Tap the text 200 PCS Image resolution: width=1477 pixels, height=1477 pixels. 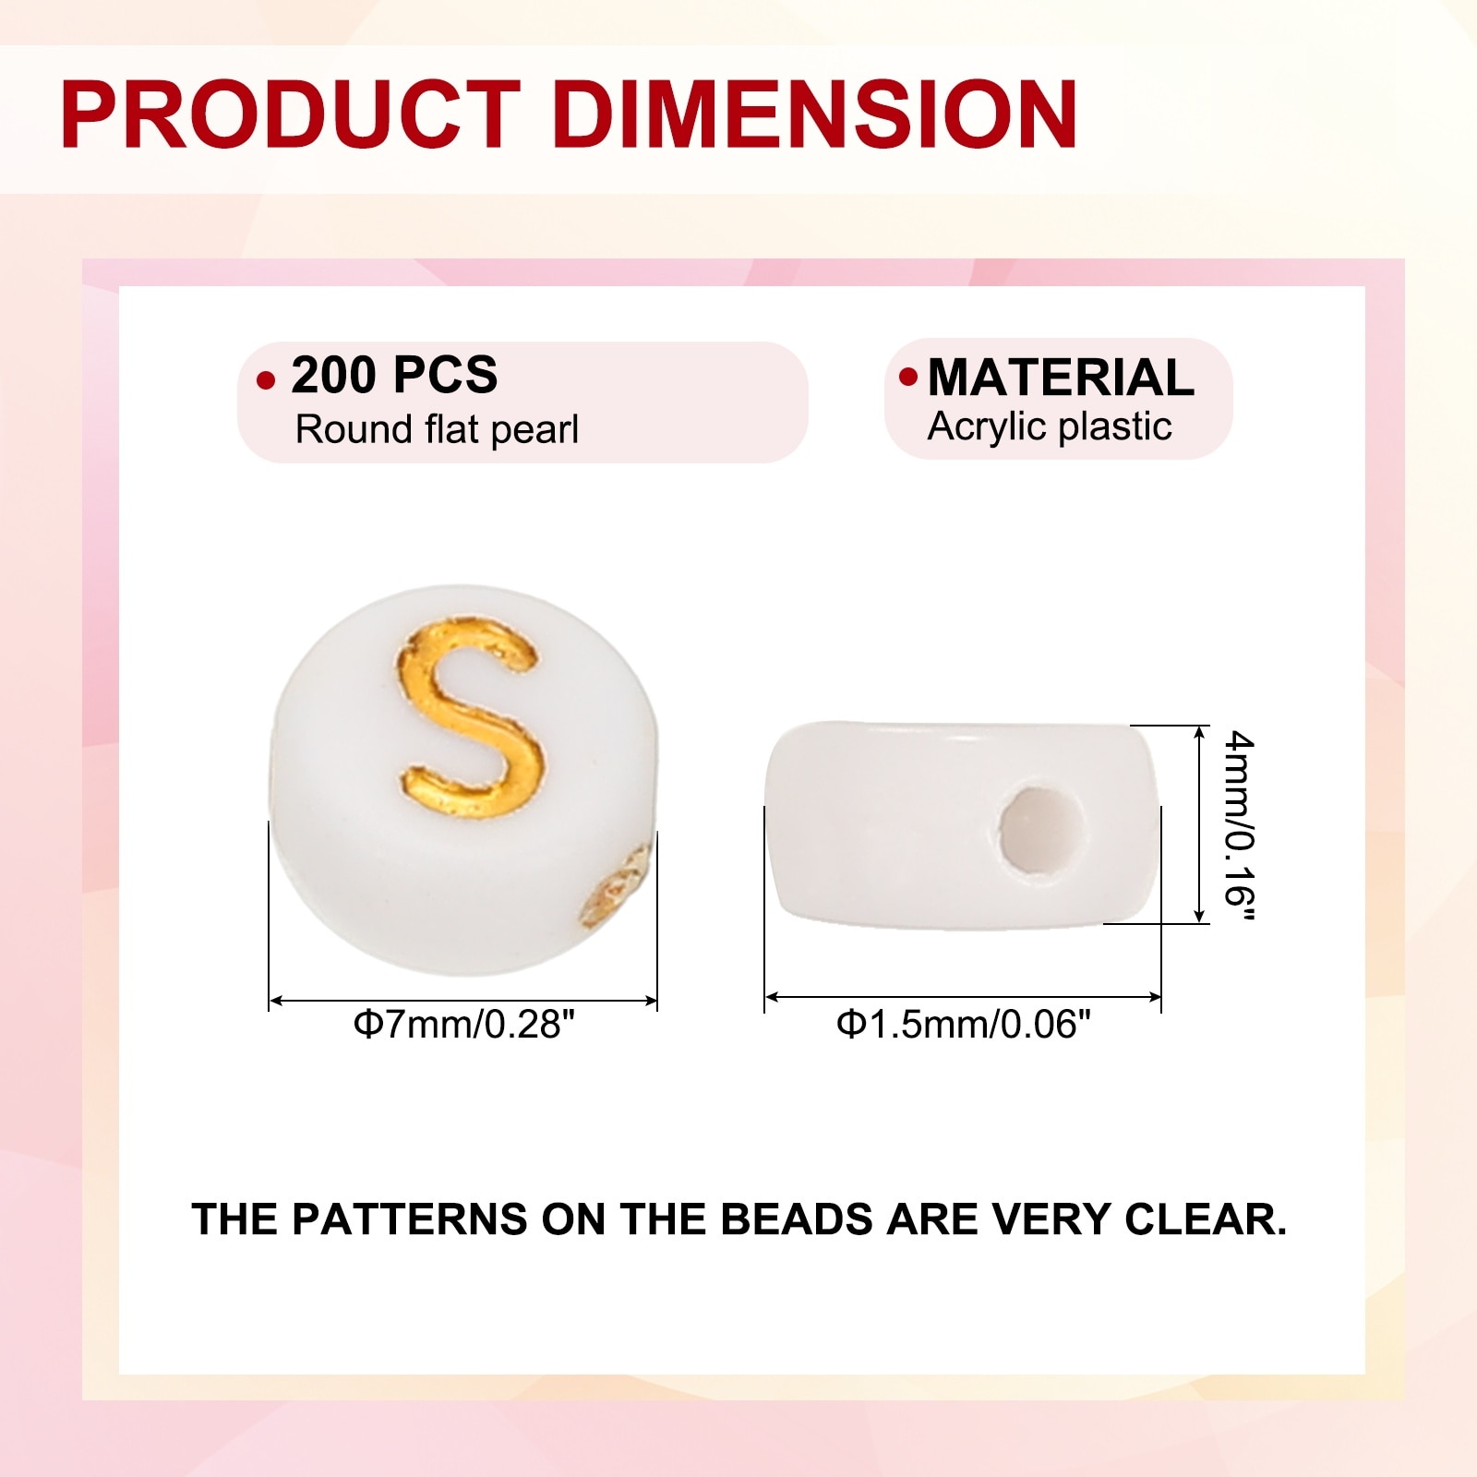pyautogui.click(x=394, y=375)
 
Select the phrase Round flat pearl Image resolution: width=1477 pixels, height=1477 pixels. pyautogui.click(x=437, y=429)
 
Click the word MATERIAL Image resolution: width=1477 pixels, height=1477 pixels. pyautogui.click(x=1062, y=378)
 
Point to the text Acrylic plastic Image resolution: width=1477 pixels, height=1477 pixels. pyautogui.click(x=1050, y=426)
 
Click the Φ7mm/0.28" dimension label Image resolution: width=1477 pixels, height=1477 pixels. pyautogui.click(x=463, y=1025)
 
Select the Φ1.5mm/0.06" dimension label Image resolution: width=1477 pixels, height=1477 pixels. pyautogui.click(x=964, y=1025)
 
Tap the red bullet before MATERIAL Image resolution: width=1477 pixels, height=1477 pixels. pyautogui.click(x=908, y=377)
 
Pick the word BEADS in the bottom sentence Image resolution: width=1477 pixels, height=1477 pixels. pyautogui.click(x=796, y=1219)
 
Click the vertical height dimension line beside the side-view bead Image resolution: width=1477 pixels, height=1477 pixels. pyautogui.click(x=1199, y=824)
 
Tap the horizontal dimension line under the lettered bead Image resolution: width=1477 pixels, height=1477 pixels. pyautogui.click(x=463, y=1001)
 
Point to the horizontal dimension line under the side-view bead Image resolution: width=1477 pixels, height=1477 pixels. pyautogui.click(x=963, y=997)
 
